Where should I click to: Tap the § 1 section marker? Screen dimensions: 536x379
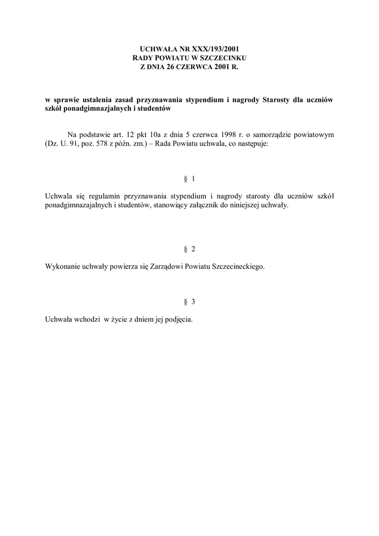[x=189, y=179]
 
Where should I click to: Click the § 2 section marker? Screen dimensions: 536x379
[x=189, y=249]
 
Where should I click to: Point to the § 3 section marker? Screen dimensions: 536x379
[x=189, y=302]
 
